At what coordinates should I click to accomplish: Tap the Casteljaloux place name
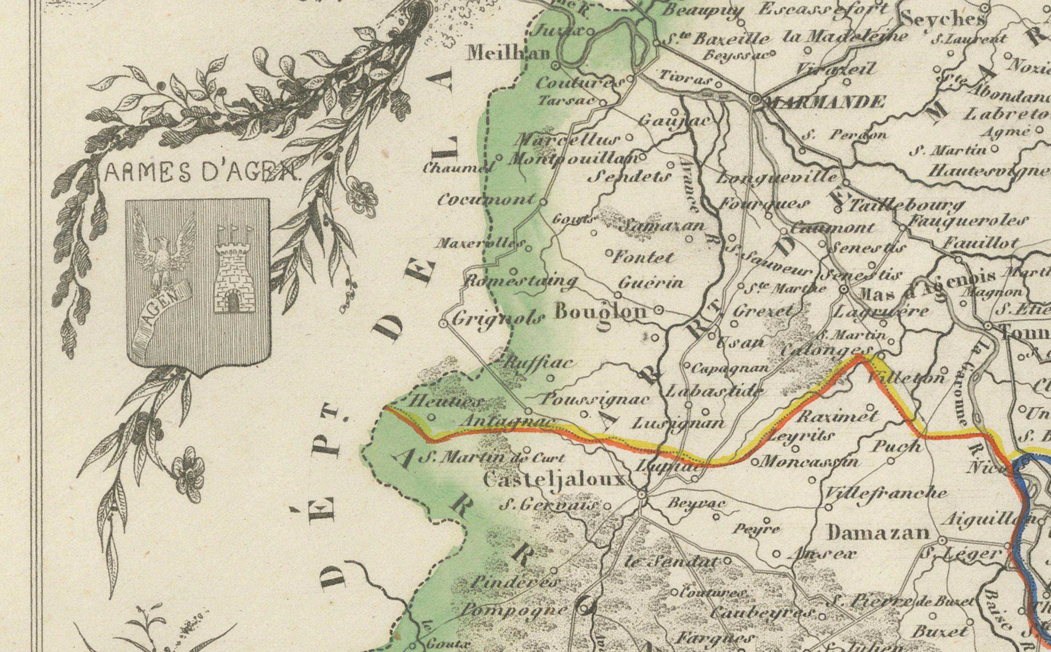554,480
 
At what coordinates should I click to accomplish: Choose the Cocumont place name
487,200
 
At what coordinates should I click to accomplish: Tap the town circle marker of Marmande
755,99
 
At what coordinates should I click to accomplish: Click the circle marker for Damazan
942,540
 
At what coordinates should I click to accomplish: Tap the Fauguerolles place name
966,221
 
